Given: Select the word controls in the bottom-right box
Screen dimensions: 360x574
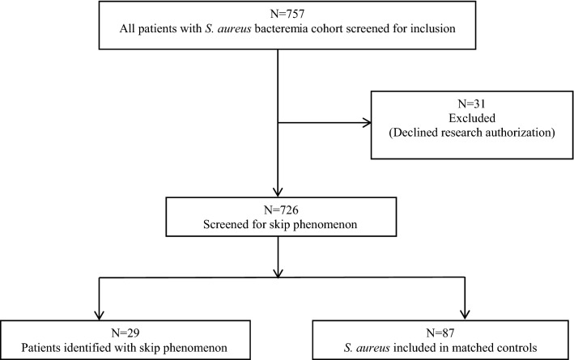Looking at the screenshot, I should [525, 346].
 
